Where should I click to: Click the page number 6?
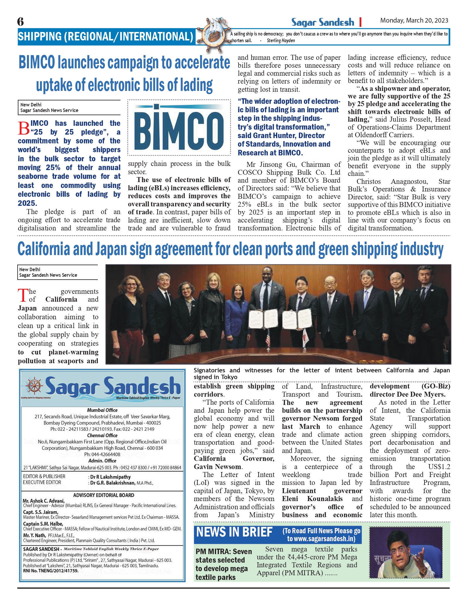point(20,22)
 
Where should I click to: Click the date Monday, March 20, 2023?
point(414,21)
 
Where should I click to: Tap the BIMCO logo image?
point(179,128)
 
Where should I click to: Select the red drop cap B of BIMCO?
point(23,128)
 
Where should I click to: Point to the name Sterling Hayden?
point(280,41)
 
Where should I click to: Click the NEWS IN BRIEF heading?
point(234,532)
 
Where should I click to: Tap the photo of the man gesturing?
point(406,552)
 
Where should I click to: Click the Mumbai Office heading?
point(102,410)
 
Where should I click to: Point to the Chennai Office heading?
point(102,435)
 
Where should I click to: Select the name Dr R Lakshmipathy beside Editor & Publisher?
point(110,477)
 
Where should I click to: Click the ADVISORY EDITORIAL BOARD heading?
point(104,495)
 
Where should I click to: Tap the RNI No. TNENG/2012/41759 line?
point(51,571)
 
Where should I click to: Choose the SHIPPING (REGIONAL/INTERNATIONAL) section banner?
point(105,37)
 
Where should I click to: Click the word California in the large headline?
point(44,249)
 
